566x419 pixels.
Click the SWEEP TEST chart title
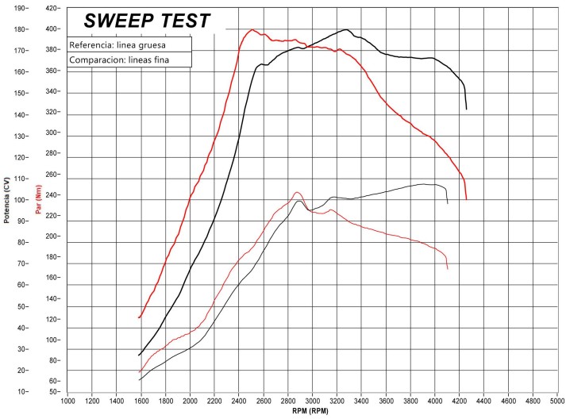[x=147, y=20]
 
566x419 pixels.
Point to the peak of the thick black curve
[x=347, y=30]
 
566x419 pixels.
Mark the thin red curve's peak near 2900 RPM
[x=297, y=192]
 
